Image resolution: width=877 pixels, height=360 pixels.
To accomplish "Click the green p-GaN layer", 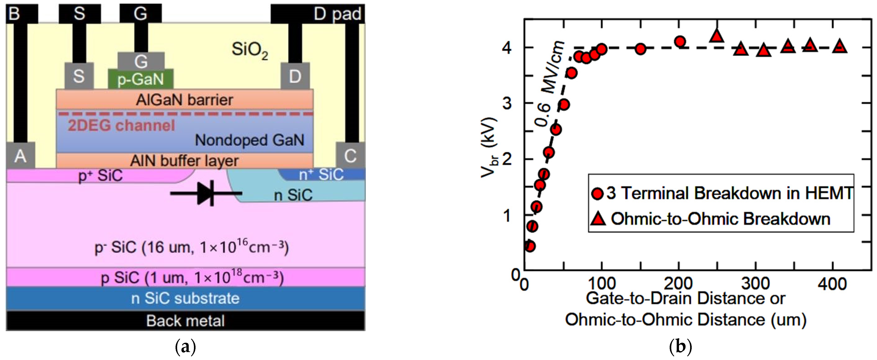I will pyautogui.click(x=140, y=79).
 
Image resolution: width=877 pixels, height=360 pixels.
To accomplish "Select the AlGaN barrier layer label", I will pyautogui.click(x=185, y=100).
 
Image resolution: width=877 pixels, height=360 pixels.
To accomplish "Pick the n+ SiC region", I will pyautogui.click(x=321, y=174).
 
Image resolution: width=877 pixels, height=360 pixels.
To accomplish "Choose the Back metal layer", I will pyautogui.click(x=185, y=320).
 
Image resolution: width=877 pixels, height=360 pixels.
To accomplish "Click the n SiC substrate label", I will pyautogui.click(x=185, y=298).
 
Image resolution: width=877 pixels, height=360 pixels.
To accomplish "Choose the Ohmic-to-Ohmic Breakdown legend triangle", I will pyautogui.click(x=598, y=219).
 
